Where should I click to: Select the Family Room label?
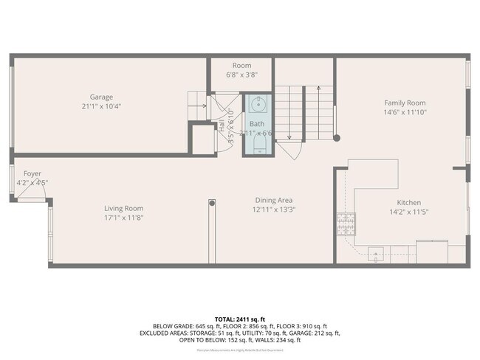[404, 103]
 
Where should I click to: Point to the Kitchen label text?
[408, 202]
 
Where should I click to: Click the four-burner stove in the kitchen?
[344, 223]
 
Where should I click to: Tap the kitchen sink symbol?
[376, 255]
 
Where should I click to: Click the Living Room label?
[123, 208]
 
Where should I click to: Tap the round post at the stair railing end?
[336, 138]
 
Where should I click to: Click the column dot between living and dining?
[212, 201]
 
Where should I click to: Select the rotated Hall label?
[221, 125]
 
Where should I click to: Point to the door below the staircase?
[288, 150]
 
